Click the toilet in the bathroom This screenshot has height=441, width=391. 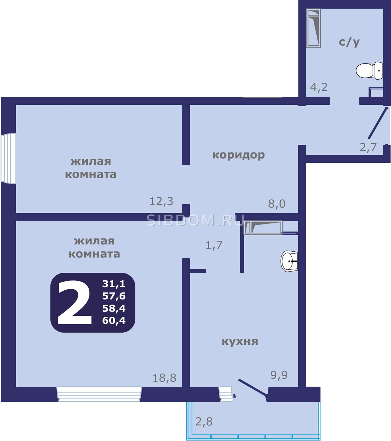click(x=369, y=71)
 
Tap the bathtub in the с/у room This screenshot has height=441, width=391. click(x=313, y=28)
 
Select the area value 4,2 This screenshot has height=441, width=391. click(x=319, y=87)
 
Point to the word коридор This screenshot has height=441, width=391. click(x=238, y=155)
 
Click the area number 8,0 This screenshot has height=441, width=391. click(x=277, y=204)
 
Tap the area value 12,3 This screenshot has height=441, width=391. click(x=161, y=201)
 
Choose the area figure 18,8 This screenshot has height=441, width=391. click(x=164, y=378)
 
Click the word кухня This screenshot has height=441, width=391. click(x=240, y=341)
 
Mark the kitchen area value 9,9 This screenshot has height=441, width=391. click(x=279, y=375)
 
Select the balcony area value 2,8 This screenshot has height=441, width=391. click(x=204, y=416)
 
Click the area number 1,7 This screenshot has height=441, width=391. click(x=214, y=245)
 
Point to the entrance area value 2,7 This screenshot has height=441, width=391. click(x=368, y=147)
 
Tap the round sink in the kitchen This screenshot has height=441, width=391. click(x=289, y=261)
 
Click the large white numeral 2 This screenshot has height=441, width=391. click(x=74, y=302)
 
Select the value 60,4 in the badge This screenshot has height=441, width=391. click(x=114, y=320)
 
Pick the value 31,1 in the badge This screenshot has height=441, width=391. click(x=114, y=284)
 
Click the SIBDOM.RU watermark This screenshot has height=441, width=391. click(x=195, y=220)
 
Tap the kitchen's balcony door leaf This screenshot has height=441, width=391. click(x=253, y=387)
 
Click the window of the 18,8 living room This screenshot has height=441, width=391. click(x=99, y=394)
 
